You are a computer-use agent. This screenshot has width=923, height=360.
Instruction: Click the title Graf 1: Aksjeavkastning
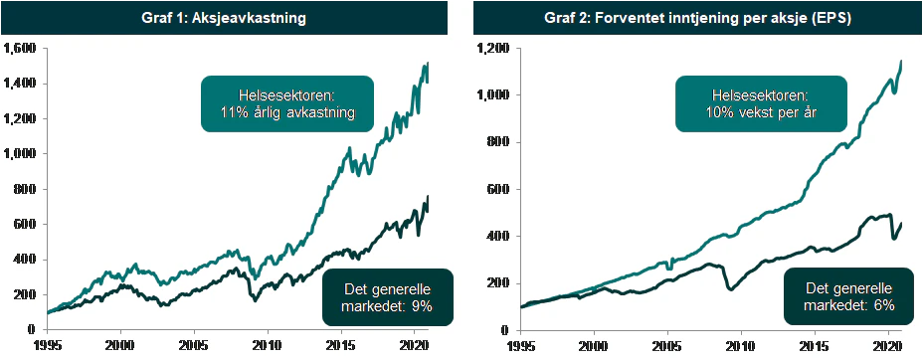224,18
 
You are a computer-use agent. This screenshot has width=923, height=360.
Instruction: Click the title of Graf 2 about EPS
697,18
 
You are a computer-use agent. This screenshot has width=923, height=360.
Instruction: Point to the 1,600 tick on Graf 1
19,49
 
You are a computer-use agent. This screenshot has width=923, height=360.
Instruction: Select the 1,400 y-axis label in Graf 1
19,84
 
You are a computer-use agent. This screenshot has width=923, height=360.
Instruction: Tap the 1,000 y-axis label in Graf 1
19,154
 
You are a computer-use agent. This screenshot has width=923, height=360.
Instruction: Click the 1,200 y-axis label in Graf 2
495,49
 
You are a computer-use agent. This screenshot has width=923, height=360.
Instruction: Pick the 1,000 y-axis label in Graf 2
495,95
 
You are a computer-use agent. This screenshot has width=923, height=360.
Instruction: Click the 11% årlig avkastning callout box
287,103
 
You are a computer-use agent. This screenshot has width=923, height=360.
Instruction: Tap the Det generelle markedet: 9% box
388,297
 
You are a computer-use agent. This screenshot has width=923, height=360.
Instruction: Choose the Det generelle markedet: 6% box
848,297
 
